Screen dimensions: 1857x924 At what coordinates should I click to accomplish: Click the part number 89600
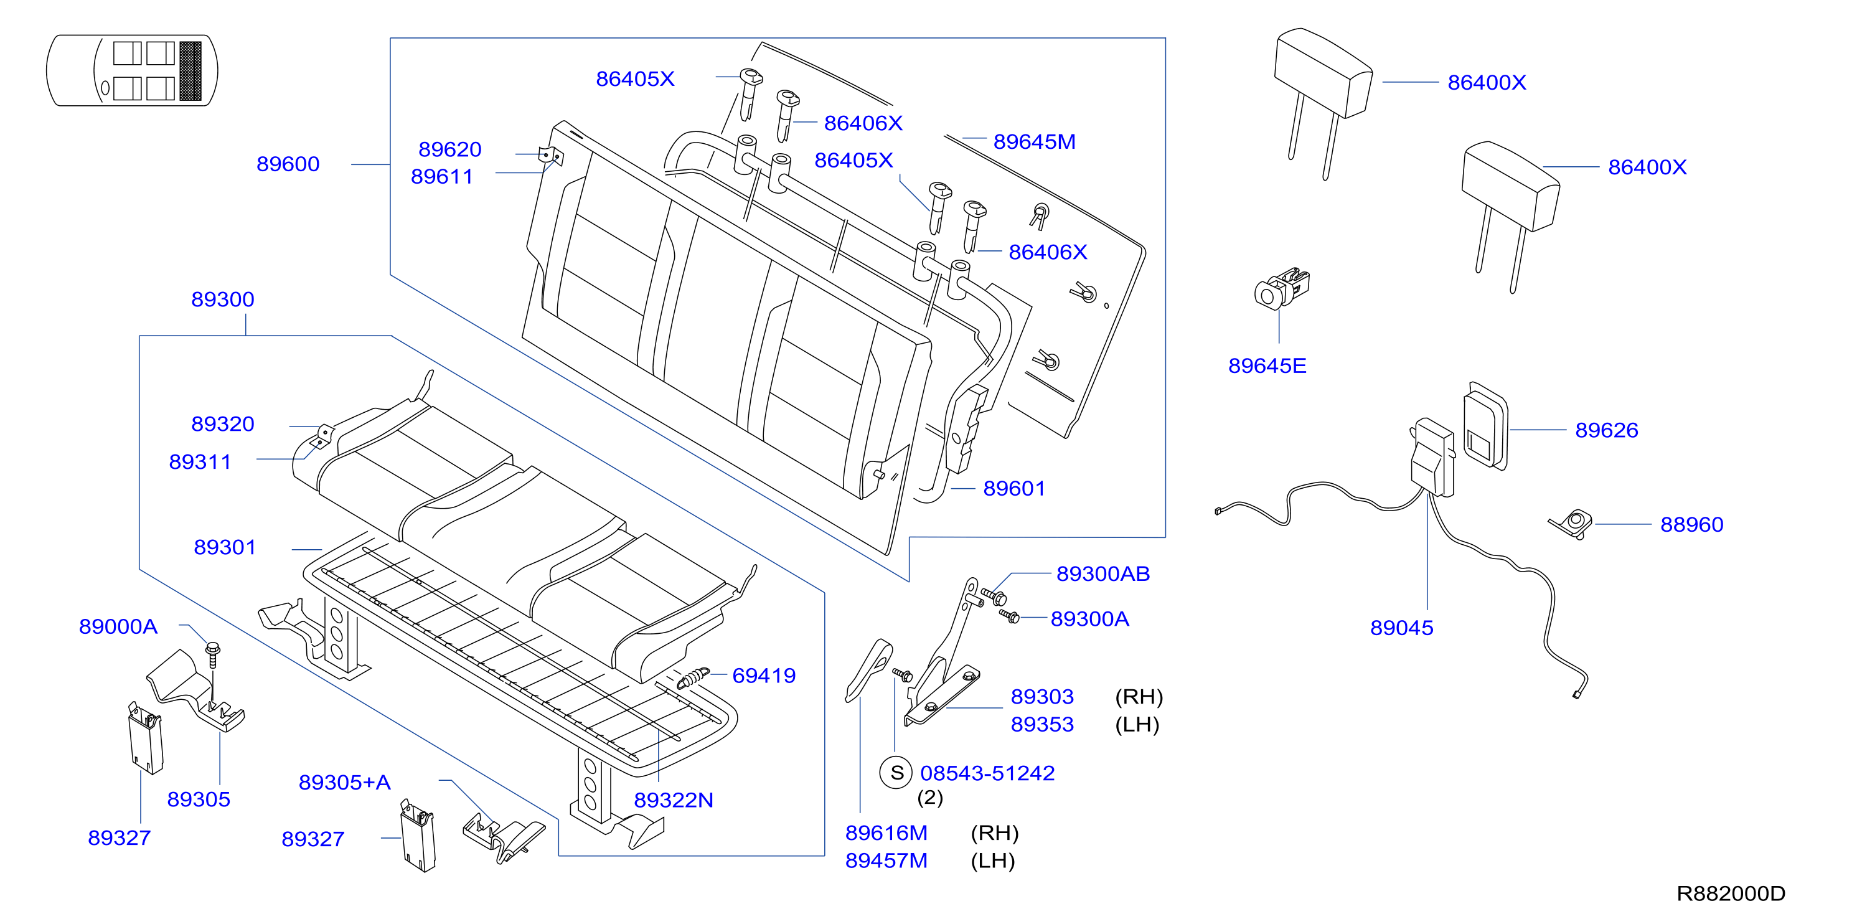pos(288,164)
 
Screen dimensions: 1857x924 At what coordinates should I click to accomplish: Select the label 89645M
pos(1034,142)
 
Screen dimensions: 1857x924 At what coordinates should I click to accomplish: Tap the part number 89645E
pos(1267,366)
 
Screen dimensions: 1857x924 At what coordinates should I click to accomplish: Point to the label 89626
pos(1606,430)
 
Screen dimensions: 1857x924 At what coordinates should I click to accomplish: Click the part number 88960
pos(1691,525)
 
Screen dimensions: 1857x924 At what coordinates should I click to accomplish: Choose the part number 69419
pos(763,676)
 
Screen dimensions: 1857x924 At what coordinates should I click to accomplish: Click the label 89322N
pos(674,800)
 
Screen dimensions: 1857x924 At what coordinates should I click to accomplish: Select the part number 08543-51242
pos(987,773)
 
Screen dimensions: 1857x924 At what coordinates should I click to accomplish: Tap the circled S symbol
pos(896,773)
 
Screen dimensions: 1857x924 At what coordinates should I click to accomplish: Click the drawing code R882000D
pos(1730,893)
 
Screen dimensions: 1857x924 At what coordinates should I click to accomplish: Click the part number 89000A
pos(118,626)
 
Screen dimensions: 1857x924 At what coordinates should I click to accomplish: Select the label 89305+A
pos(345,782)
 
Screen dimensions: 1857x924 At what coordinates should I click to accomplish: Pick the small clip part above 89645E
pos(1281,288)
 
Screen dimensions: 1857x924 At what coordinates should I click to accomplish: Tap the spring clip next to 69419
pos(693,677)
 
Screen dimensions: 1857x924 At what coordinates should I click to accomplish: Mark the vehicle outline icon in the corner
pos(132,70)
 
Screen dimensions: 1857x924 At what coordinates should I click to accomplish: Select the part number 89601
pos(1013,489)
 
